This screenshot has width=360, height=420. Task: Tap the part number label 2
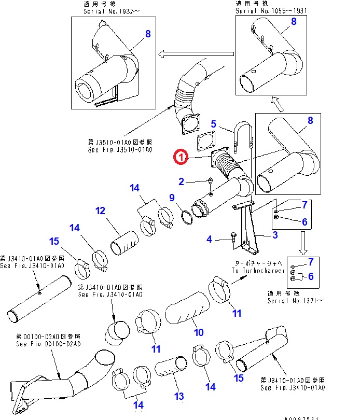[181, 181]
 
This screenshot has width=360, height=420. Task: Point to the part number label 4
[209, 239]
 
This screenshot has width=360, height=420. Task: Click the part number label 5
[213, 123]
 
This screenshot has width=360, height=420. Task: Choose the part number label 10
[199, 332]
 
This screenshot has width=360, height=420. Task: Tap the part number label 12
[100, 211]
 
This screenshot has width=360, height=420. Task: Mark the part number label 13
[178, 397]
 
